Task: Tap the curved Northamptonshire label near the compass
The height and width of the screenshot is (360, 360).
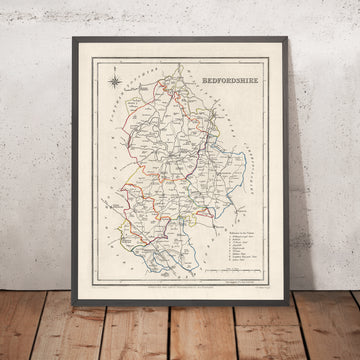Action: pyautogui.click(x=131, y=101)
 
